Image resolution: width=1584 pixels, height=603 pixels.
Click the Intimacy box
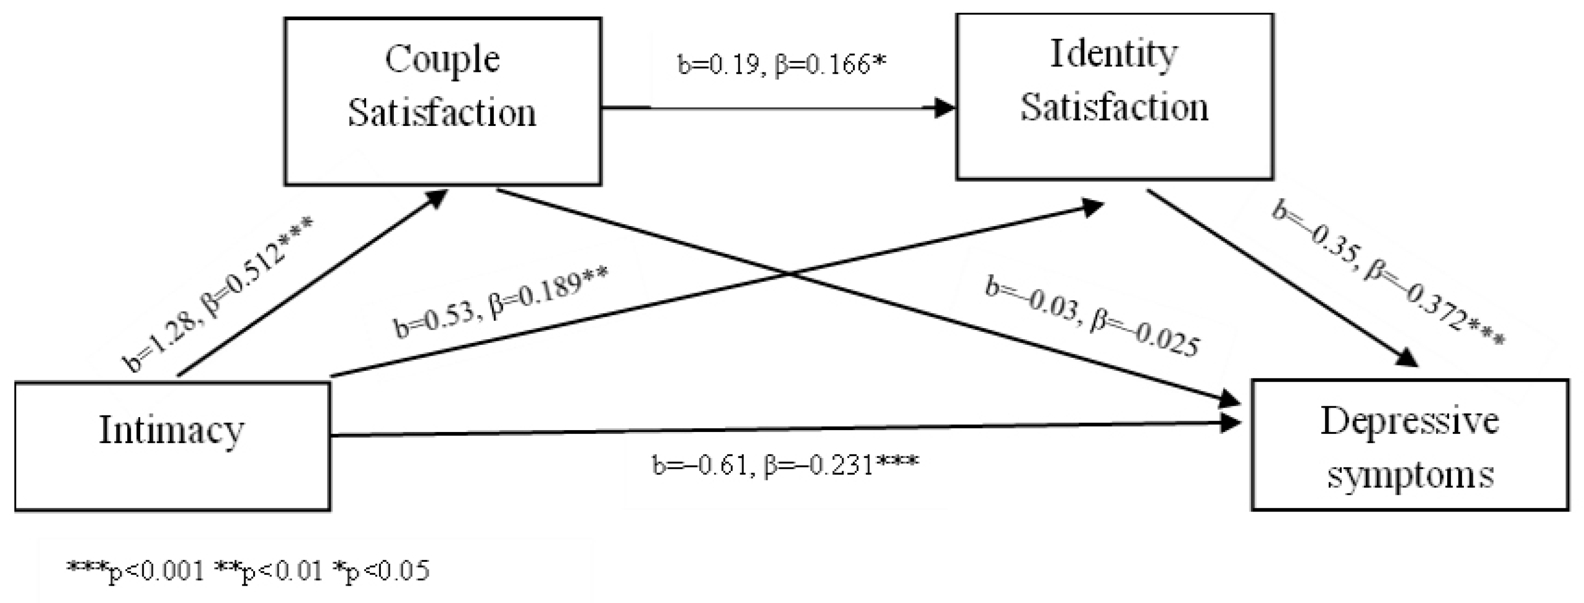[x=172, y=446]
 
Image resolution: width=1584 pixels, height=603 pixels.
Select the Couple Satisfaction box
[x=442, y=102]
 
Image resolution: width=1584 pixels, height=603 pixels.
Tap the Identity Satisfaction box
[x=1114, y=97]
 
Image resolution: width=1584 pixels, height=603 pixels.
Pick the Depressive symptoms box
[x=1410, y=444]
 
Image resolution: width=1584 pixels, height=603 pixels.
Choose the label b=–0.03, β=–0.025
[x=1092, y=318]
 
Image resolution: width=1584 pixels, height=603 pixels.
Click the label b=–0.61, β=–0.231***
[x=785, y=465]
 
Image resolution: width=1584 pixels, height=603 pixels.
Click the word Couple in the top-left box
[x=442, y=60]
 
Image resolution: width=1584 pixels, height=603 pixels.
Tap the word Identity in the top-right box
[x=1114, y=54]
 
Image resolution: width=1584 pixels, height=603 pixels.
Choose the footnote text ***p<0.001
[x=135, y=570]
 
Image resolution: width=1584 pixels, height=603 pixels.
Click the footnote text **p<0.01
[x=268, y=570]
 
